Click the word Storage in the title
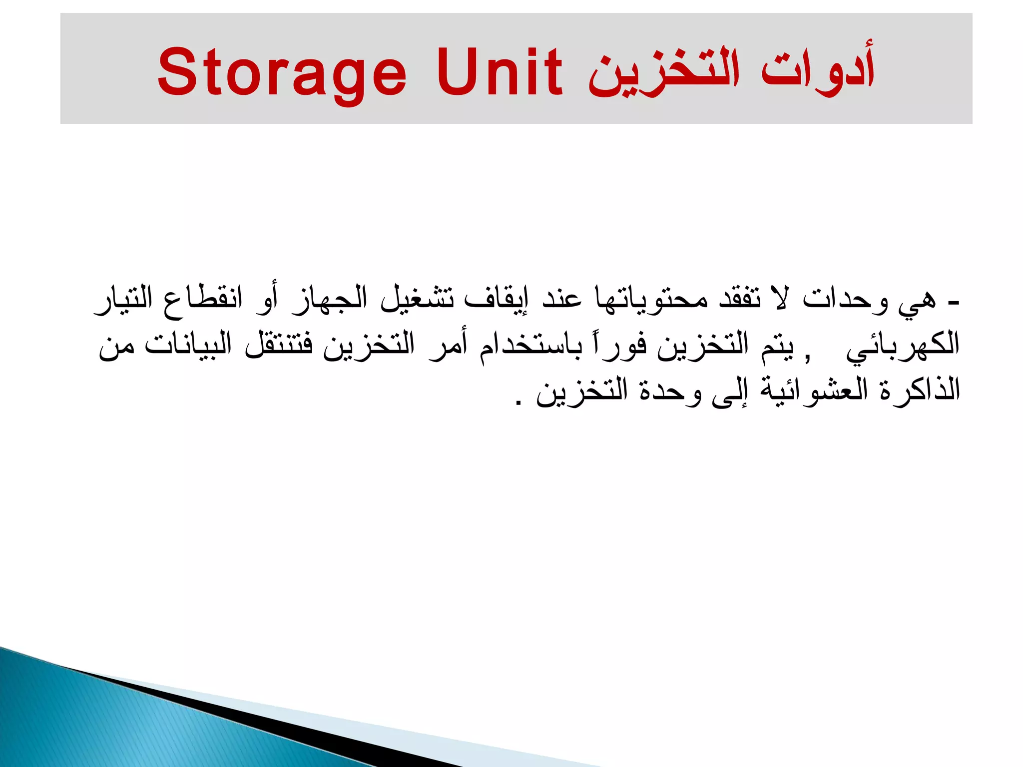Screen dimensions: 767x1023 coord(282,72)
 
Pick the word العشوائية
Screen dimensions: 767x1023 coord(814,389)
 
